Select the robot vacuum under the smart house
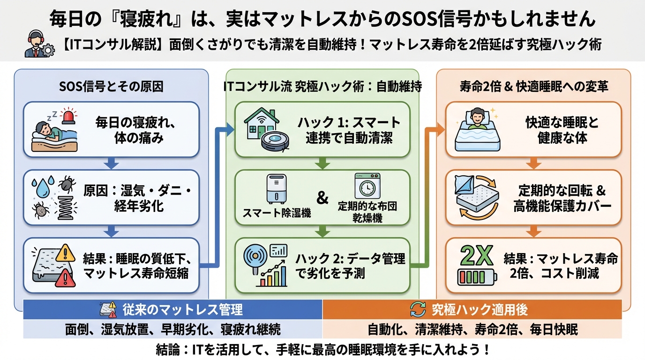click(274, 140)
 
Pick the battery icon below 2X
click(477, 276)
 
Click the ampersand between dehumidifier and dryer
click(322, 197)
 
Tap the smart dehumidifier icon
click(276, 189)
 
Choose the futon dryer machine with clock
click(367, 187)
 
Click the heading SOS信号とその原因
click(111, 86)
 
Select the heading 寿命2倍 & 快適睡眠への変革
click(533, 86)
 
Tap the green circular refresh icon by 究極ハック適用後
click(418, 309)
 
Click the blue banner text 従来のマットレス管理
click(182, 309)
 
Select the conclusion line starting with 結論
click(322, 349)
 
